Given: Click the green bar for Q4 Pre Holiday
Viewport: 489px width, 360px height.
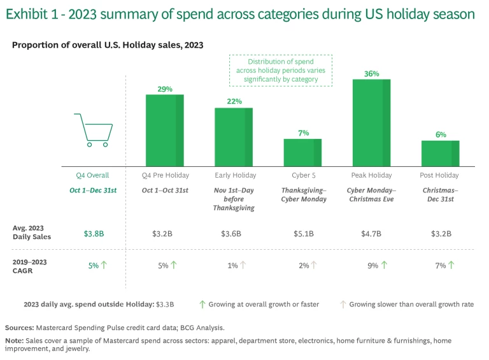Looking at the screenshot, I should [165, 130].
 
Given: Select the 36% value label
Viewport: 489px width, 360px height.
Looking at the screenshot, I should [371, 74].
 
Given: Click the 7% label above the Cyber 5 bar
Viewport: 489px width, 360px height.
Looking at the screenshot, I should [303, 133].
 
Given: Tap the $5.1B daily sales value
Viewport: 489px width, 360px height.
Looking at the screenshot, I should [303, 234].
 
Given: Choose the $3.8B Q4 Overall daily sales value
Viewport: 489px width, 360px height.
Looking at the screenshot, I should [94, 234].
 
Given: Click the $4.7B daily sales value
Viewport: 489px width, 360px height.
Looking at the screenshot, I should [371, 234].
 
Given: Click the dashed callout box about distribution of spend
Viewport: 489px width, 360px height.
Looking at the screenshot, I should [281, 70].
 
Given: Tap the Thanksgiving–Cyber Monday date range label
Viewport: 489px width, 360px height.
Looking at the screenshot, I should [304, 194].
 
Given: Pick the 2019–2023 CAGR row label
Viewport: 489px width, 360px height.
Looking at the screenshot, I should [31, 266].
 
